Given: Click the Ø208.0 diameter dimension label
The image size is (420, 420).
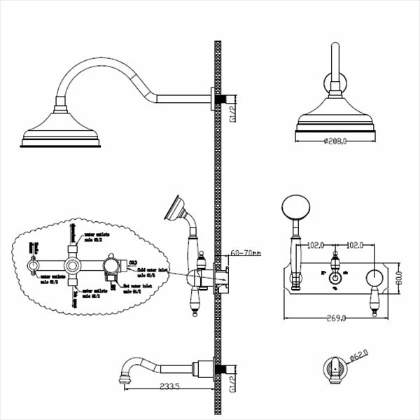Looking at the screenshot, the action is [x=337, y=141].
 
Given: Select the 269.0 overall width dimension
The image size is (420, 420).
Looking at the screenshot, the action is [x=337, y=318].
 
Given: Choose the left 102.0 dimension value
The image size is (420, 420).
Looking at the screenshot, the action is [x=316, y=244].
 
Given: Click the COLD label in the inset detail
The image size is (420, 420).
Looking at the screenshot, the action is [x=132, y=262].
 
